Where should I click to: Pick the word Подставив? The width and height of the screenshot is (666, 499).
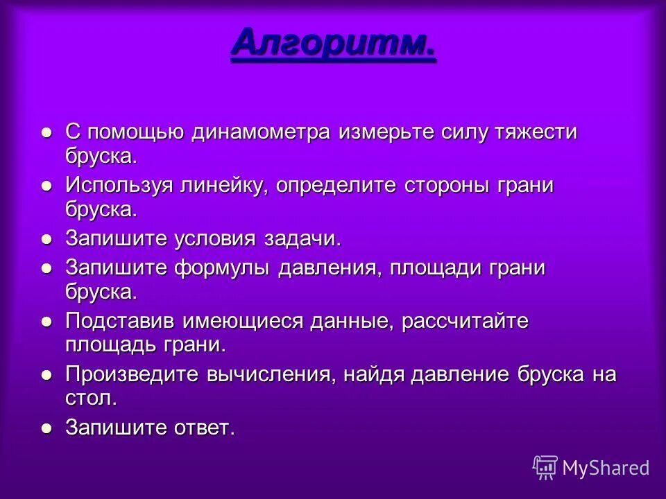coord(121,322)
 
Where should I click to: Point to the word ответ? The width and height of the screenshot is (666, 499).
coord(203,428)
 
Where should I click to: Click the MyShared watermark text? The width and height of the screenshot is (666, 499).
coord(606,468)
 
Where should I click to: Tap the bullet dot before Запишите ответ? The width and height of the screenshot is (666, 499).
coord(46,428)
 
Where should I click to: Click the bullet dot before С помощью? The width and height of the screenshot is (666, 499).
coord(46,132)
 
